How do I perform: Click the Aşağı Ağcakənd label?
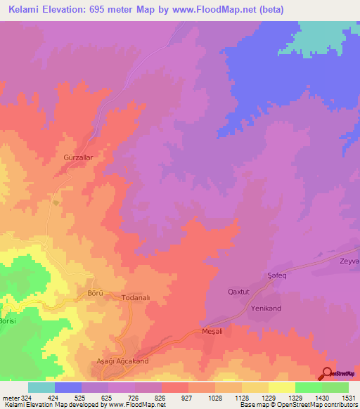coord(122,361)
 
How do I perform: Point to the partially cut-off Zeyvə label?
coord(349,261)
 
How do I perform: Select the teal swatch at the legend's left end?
coord(41,387)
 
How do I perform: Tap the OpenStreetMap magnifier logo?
coord(327,373)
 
